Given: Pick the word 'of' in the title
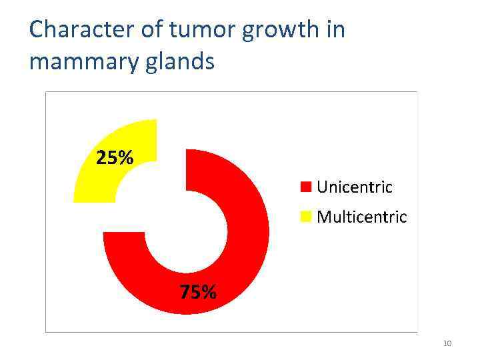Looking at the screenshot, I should pos(151,30).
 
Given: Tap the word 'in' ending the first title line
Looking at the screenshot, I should pos(336,30).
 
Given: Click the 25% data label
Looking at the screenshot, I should pos(115,158).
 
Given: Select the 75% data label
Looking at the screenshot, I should pos(197,292).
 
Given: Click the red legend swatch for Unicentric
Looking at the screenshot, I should pos(307,187).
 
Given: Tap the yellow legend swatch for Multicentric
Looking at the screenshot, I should pos(307,217).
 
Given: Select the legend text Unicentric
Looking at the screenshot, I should pos(355,187).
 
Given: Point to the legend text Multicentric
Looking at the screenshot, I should pos(362,217).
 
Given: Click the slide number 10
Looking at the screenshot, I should pos(447,343).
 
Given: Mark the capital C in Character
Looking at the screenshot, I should pos(36,30).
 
